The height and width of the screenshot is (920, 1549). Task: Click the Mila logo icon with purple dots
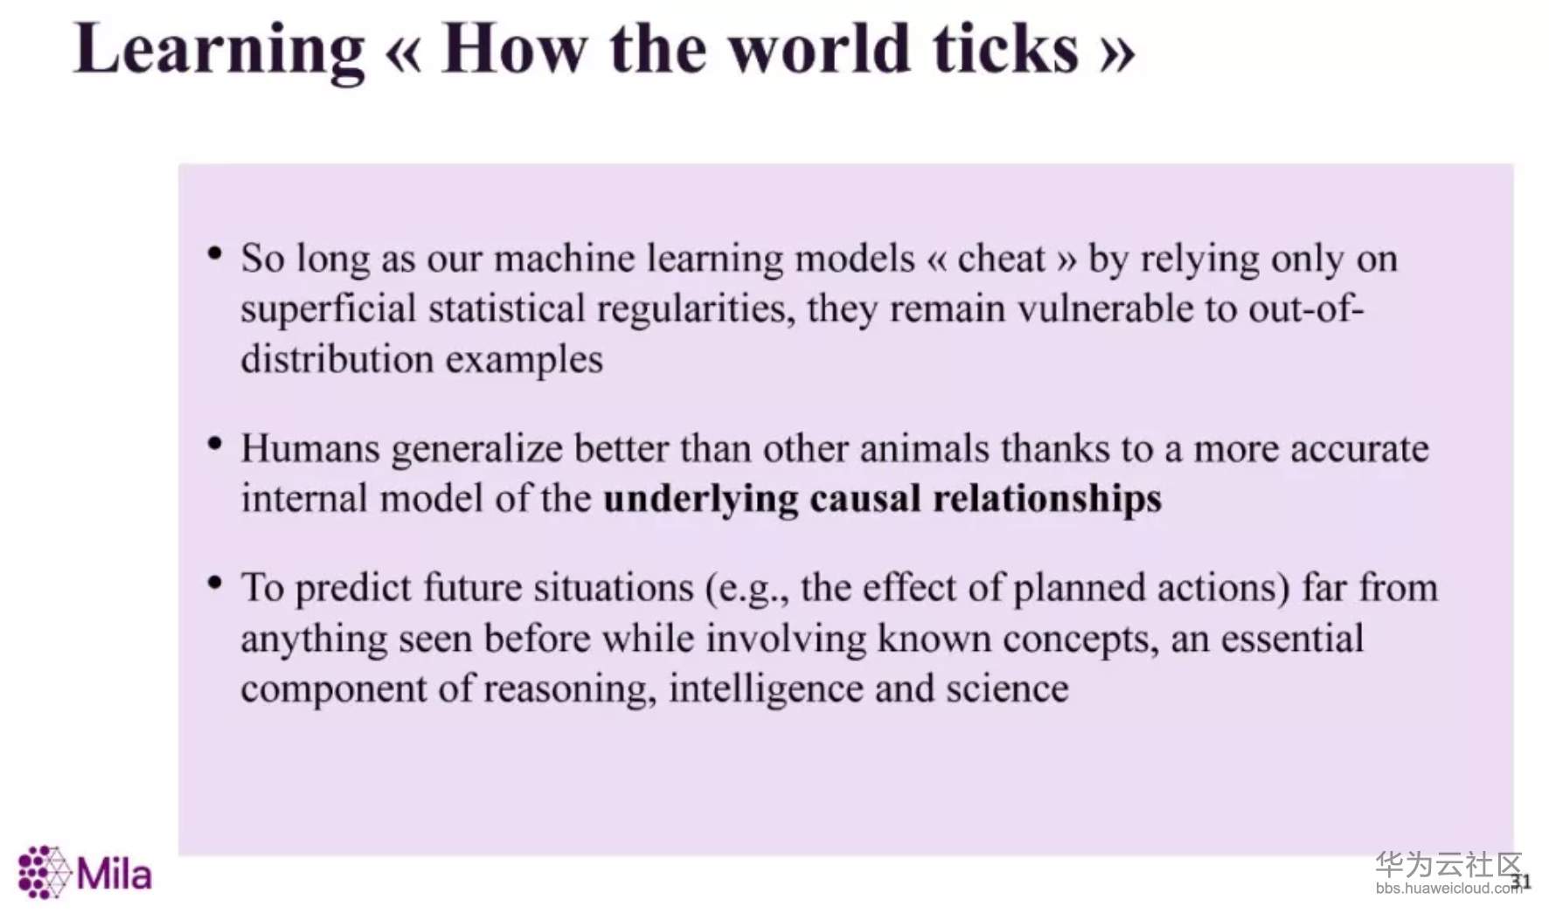coord(44,871)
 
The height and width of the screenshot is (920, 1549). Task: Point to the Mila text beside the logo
coord(115,873)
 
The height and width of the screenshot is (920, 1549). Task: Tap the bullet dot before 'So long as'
coord(215,254)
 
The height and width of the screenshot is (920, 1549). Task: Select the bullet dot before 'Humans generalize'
coord(215,444)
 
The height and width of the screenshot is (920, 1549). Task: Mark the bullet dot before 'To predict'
coord(215,583)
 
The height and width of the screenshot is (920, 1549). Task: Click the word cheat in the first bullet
coord(1001,259)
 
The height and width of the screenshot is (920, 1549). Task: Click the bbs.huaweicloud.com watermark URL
coord(1448,889)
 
